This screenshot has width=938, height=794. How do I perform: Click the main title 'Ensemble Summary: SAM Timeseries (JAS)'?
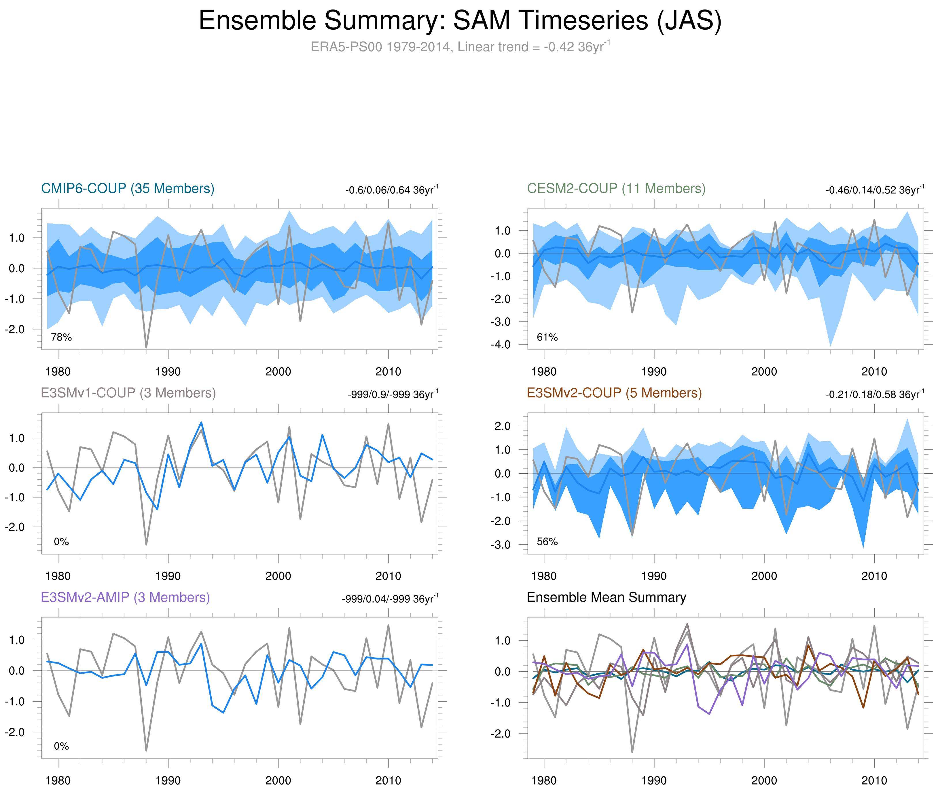460,21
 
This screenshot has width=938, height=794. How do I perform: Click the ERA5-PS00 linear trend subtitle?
460,47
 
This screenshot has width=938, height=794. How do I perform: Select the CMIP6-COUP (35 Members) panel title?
128,188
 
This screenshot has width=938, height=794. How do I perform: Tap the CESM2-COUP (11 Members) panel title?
616,188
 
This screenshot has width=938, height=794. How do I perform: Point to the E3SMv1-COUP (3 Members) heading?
128,393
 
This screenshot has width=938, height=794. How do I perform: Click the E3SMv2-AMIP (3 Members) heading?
125,597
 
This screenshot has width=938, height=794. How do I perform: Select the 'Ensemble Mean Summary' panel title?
606,597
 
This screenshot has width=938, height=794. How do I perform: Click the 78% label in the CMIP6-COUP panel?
61,337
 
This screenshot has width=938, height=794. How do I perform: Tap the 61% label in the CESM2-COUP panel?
547,337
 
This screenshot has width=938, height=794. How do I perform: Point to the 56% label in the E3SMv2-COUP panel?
547,542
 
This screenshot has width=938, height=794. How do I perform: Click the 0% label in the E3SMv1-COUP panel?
61,542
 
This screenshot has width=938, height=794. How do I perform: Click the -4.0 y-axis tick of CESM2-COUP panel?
501,345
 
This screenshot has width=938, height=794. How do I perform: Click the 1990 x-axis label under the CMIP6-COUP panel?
168,372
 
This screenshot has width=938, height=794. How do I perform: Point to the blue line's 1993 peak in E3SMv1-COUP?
201,422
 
